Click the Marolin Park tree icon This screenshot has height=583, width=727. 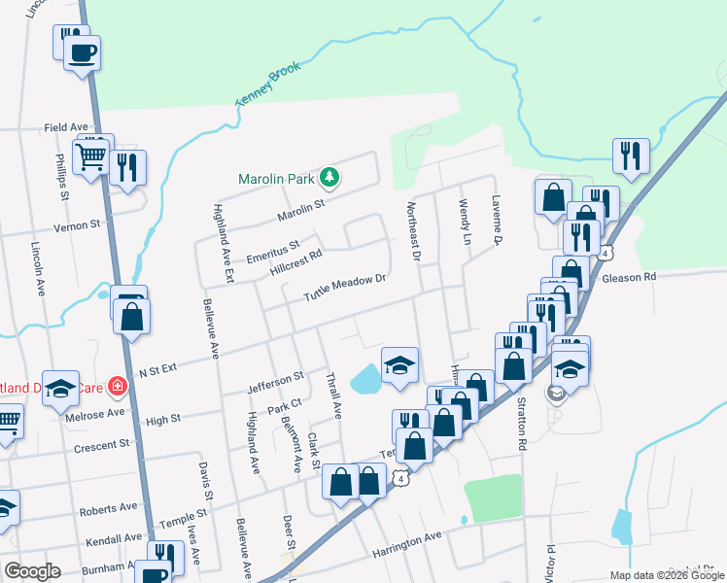point(330,177)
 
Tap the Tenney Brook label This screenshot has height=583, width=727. point(268,85)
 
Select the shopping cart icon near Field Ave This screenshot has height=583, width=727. point(92,154)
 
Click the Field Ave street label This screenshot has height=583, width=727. point(66,127)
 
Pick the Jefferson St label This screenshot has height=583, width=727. point(275,374)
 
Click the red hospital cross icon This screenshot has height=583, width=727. point(119,386)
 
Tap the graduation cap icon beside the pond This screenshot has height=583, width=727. point(399,365)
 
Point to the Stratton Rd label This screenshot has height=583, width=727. point(522,413)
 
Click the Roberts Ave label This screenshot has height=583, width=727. point(109,508)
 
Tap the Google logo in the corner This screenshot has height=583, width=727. point(32,571)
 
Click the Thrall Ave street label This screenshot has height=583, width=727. point(333,395)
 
